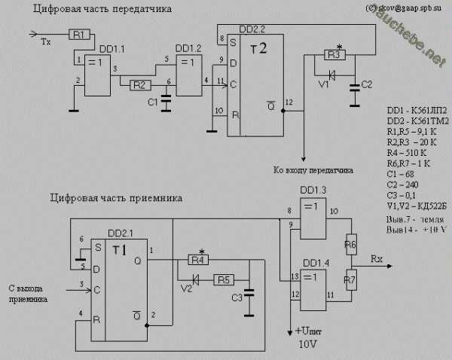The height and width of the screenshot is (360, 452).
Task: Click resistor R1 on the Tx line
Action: click(81, 34)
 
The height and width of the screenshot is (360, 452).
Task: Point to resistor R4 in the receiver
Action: click(197, 260)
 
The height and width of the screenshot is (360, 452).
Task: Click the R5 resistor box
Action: click(224, 279)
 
